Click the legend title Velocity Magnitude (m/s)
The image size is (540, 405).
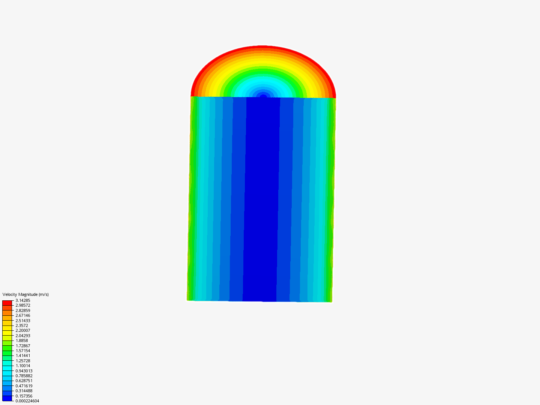(25, 294)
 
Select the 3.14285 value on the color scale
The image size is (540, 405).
(23, 300)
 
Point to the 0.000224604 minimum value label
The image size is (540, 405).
(27, 401)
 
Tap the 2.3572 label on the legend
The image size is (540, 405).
(22, 325)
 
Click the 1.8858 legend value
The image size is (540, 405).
(22, 340)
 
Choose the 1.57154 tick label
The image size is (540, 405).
(23, 351)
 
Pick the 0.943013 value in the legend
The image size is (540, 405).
(24, 371)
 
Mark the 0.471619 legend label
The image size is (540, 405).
(24, 386)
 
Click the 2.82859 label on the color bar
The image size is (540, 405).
(23, 310)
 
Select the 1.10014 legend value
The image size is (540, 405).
(23, 366)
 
